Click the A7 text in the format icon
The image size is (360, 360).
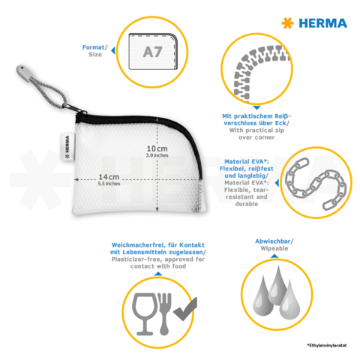click(152, 52)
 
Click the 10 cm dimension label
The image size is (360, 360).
click(157, 149)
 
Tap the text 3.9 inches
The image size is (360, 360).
click(157, 157)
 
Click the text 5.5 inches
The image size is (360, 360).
click(108, 184)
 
